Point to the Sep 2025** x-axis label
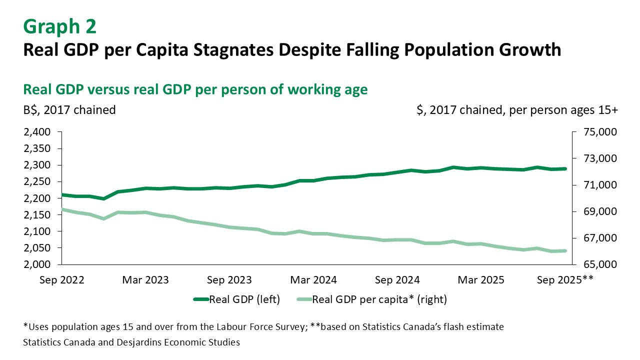[564, 280]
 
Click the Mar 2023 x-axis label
[146, 280]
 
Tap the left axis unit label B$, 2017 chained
[69, 110]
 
